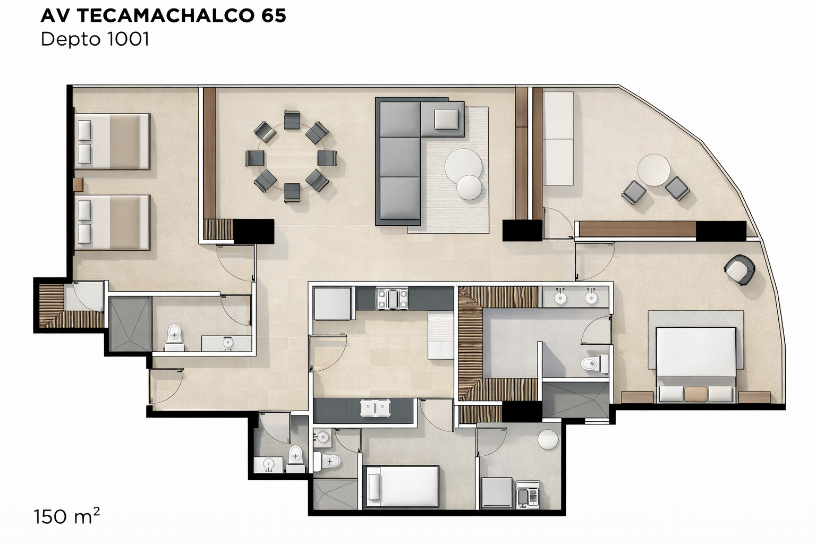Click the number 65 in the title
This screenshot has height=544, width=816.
[273, 15]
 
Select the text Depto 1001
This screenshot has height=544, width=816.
[95, 39]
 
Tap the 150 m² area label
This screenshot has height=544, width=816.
[66, 516]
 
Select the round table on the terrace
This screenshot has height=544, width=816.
[654, 170]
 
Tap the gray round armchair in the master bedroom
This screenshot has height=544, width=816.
[739, 270]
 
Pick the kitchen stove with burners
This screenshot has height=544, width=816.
[392, 299]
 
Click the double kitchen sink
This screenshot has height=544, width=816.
[375, 407]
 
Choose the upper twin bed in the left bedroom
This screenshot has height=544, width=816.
[112, 141]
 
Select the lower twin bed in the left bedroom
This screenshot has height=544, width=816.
[112, 223]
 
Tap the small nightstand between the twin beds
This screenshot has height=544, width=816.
[78, 185]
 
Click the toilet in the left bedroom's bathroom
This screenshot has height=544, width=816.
[174, 338]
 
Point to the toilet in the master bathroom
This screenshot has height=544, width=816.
[594, 363]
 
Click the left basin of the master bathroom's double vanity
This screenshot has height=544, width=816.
[560, 297]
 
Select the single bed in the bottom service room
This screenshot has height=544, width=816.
[403, 486]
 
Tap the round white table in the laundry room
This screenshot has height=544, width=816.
[548, 439]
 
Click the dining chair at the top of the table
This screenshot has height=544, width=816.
[292, 120]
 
